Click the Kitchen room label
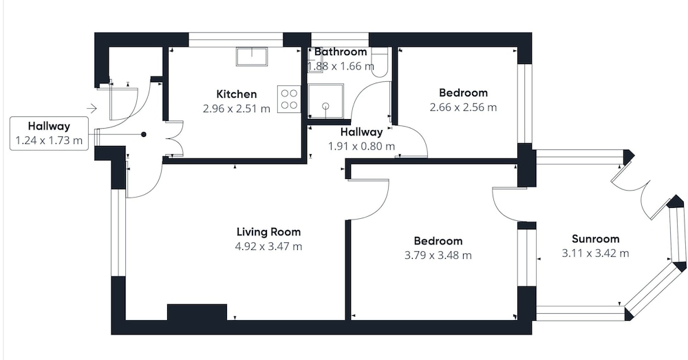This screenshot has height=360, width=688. click(x=237, y=94)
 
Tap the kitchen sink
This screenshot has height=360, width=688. click(x=252, y=56)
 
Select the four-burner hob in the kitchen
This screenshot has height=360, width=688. click(x=289, y=99)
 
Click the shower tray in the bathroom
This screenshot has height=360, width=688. click(x=325, y=102)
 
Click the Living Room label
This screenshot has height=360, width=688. click(x=268, y=232)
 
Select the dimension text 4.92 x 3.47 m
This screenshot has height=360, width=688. click(x=268, y=246)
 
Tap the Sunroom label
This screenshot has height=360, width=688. click(x=595, y=239)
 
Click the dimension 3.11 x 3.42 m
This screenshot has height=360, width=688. click(x=595, y=253)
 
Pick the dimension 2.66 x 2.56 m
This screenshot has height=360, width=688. click(x=463, y=107)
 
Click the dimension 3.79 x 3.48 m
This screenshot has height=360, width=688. click(x=438, y=255)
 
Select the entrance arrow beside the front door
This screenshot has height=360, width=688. click(x=92, y=108)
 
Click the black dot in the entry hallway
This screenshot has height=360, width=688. click(x=144, y=135)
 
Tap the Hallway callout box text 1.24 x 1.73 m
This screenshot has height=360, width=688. click(x=49, y=141)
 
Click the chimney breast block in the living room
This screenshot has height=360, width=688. click(x=197, y=312)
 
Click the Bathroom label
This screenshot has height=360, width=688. click(x=341, y=52)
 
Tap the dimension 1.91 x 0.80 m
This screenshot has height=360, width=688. click(x=362, y=146)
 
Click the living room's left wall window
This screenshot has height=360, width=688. click(x=118, y=233)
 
